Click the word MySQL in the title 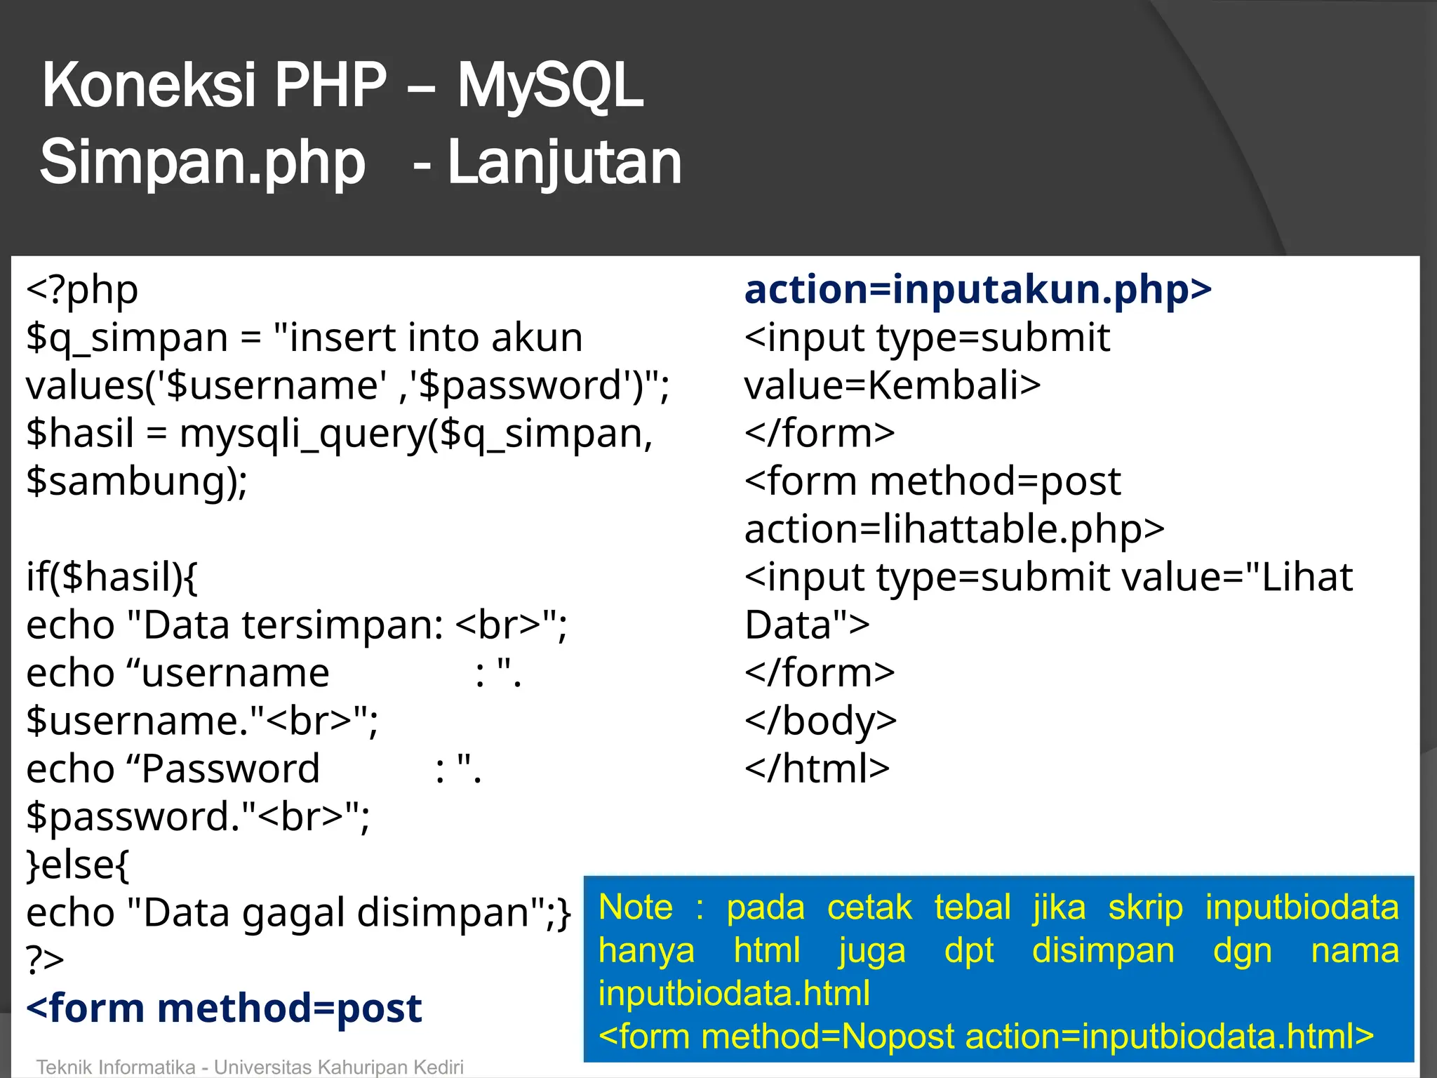point(550,86)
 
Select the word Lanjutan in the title point(564,163)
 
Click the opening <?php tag point(82,290)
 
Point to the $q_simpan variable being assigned point(126,338)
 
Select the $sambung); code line point(137,482)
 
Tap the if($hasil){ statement point(112,578)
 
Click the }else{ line point(78,865)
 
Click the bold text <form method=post point(224,1009)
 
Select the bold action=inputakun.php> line point(977,290)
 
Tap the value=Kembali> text point(892,386)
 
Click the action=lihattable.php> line point(954,530)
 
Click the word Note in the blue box point(636,907)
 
